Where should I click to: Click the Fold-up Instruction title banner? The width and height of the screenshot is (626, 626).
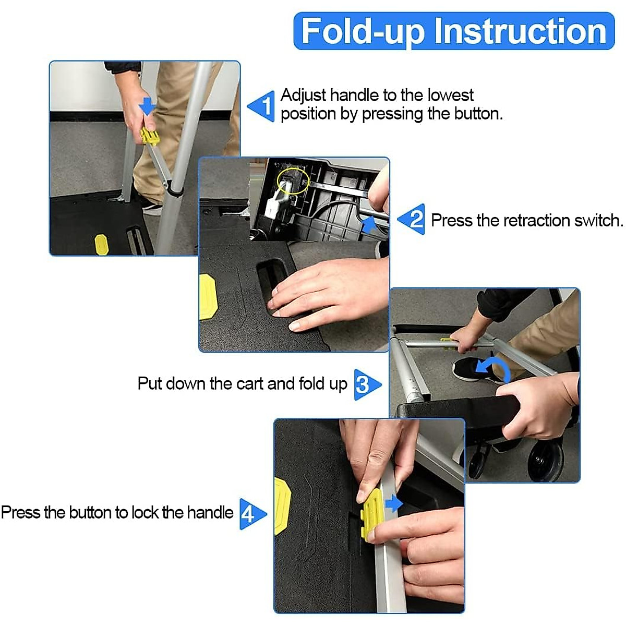pos(454,31)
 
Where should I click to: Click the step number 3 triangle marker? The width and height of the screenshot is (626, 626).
pos(366,384)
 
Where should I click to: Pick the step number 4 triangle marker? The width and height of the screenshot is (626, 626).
pos(251,514)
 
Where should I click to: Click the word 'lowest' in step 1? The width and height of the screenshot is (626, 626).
pos(450,95)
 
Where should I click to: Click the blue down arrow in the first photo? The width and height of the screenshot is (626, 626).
pos(147,106)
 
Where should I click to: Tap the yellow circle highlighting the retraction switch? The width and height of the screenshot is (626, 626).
pos(293,180)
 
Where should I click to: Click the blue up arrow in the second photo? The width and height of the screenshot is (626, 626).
pos(370,225)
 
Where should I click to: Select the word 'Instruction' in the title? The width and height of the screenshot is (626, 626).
pos(520,31)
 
